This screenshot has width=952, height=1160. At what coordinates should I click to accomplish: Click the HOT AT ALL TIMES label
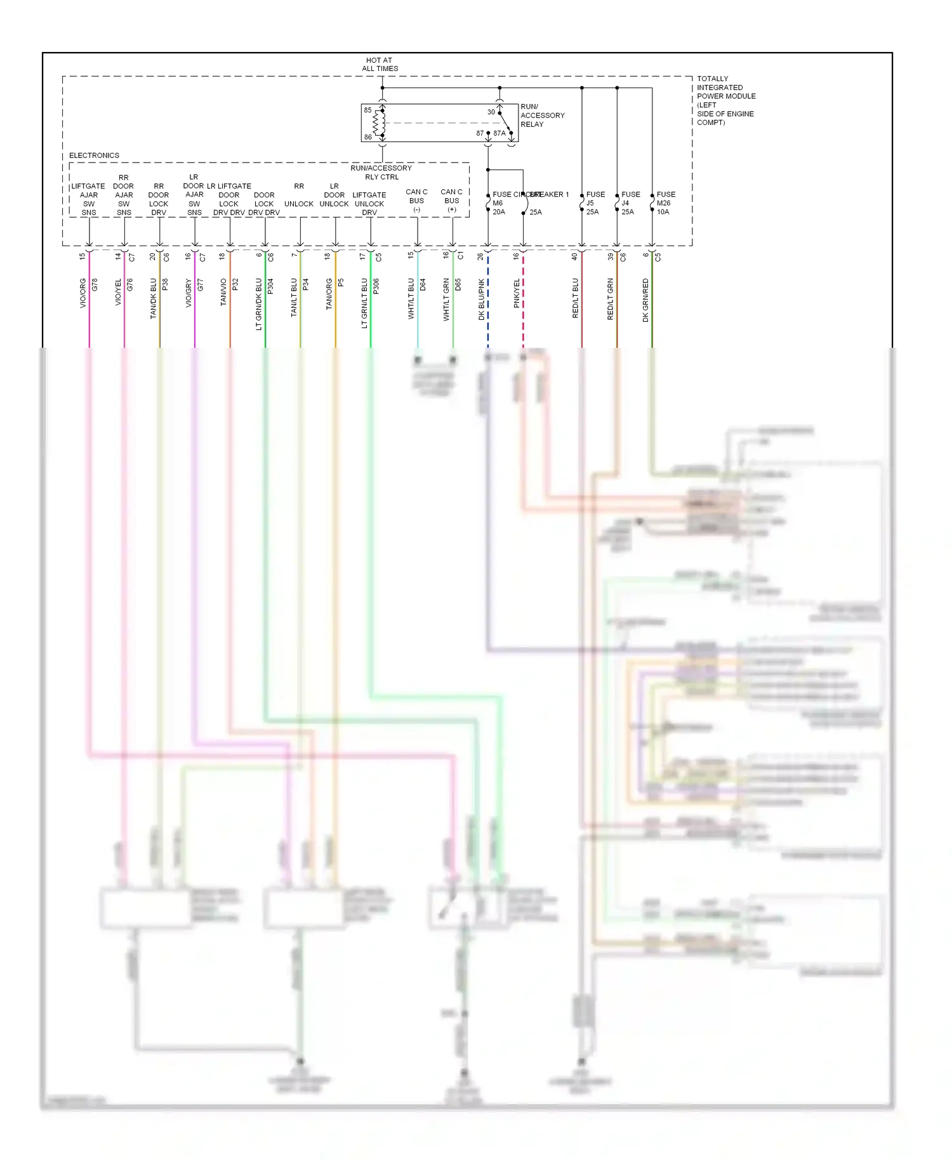[x=380, y=65]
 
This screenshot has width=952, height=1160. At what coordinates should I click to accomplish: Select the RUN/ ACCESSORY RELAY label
[x=541, y=115]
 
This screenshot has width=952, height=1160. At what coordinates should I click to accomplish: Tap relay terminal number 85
[x=367, y=110]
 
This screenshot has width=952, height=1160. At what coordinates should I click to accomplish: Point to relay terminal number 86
[x=367, y=137]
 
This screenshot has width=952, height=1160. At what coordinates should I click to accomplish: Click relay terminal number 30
[x=491, y=112]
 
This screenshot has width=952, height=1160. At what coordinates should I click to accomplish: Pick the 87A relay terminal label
[x=499, y=133]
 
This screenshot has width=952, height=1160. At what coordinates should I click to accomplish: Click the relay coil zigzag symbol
[x=380, y=123]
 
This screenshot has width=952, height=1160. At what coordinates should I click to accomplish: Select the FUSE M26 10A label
[x=665, y=203]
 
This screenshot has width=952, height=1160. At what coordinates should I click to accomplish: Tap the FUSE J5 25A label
[x=595, y=203]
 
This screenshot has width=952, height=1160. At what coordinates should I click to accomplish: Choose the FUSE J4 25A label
[x=630, y=203]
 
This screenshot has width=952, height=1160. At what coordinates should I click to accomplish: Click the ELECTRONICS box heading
[x=94, y=155]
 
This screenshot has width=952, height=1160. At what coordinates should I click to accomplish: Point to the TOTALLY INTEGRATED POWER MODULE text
[x=725, y=100]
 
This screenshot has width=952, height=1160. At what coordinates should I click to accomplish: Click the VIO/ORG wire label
[x=83, y=293]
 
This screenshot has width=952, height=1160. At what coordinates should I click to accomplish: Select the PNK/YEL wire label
[x=517, y=293]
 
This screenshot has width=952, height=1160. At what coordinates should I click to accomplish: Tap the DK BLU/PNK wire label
[x=481, y=299]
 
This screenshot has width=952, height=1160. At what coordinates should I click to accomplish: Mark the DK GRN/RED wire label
[x=645, y=300]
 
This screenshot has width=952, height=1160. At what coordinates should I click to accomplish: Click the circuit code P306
[x=376, y=286]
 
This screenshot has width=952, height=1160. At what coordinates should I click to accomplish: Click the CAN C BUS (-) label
[x=416, y=201]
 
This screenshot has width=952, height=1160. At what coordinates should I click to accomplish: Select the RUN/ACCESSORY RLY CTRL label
[x=381, y=173]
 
